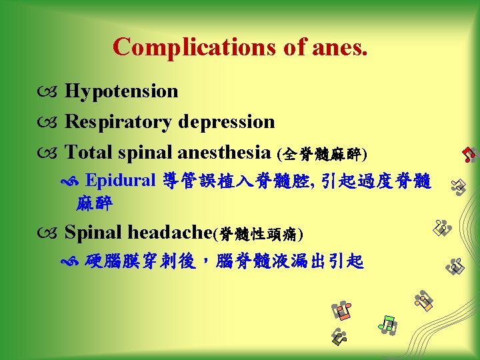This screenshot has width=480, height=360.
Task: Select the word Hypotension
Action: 121,91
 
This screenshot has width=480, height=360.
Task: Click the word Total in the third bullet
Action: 87,153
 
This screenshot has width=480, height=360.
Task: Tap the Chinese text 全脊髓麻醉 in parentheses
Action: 322,154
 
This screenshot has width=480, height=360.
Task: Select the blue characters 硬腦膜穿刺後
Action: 141,261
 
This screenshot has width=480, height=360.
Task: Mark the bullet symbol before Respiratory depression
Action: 51,123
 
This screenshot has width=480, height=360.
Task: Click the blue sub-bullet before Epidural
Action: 75,182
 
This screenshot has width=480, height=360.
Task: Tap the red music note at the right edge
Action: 469,154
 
